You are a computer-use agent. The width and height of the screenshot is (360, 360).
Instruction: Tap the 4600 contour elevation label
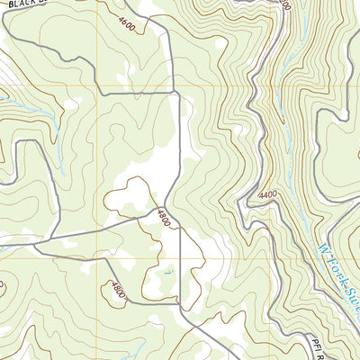[126, 23]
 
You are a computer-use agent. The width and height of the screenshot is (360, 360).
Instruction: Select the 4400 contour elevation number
[266, 195]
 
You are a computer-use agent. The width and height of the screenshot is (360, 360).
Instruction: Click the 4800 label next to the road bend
[162, 217]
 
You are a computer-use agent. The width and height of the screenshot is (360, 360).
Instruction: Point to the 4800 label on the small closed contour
[117, 290]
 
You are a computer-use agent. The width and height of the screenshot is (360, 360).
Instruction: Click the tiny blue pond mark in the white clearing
[167, 268]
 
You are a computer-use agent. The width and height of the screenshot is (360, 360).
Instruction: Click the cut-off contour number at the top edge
[284, 4]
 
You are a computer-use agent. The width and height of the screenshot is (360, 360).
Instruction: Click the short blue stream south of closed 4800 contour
[126, 346]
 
